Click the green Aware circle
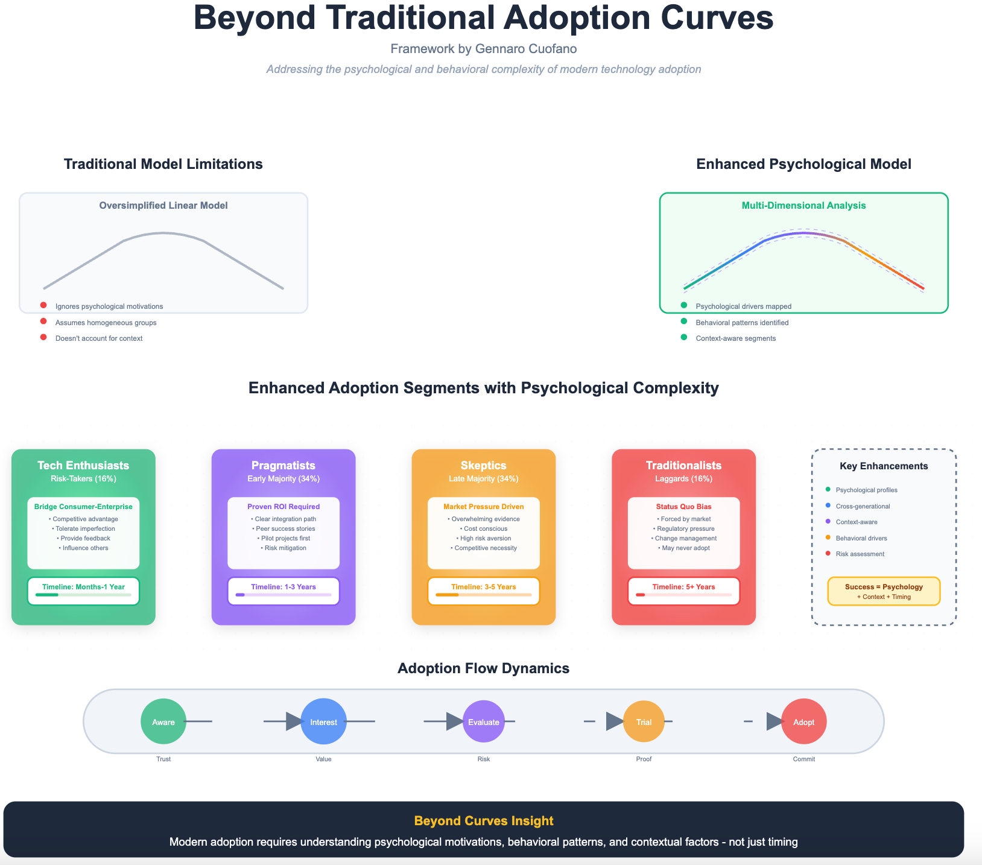163,721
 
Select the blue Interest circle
323,721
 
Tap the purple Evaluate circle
484,721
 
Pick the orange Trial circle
644,721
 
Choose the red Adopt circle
803,721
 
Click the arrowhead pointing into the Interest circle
294,721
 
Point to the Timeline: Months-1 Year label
83,586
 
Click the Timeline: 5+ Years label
683,586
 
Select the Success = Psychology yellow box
884,591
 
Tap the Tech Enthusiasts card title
83,465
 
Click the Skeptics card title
484,465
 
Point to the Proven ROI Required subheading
284,507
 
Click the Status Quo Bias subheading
683,507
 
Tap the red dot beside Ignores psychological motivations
43,306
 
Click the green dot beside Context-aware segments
683,338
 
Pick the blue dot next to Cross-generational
828,506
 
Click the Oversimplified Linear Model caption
163,206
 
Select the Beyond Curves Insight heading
484,820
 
